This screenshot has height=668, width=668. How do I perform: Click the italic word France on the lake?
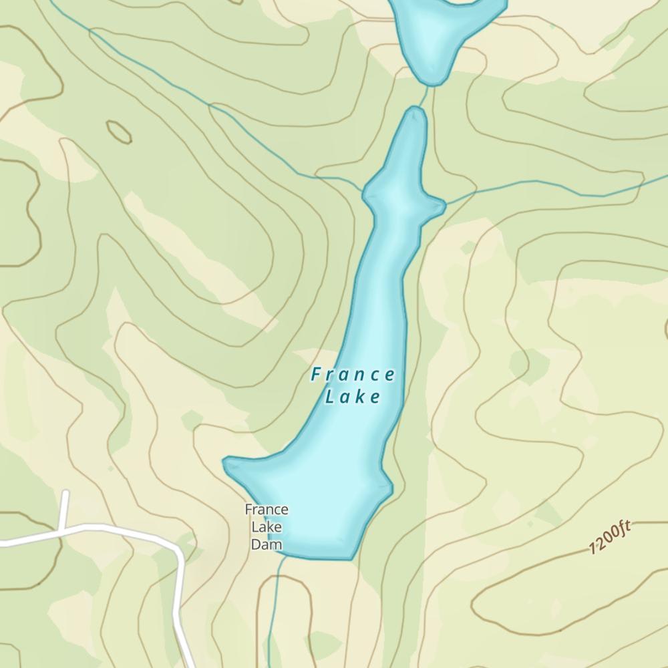(x=353, y=375)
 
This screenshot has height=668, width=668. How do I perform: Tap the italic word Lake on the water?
(x=353, y=397)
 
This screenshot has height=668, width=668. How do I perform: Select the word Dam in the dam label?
(x=267, y=544)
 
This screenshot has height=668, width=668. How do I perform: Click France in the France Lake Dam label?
(x=267, y=510)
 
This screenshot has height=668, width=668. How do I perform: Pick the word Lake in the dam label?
(x=267, y=527)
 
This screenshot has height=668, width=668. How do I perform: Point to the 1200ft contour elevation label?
(x=610, y=538)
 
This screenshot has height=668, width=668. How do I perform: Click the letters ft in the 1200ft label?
(x=623, y=530)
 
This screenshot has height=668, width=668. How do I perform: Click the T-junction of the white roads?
(x=62, y=532)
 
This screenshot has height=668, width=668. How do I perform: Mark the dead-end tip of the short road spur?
(x=65, y=494)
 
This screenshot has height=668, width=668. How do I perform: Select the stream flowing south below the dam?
(x=273, y=615)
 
